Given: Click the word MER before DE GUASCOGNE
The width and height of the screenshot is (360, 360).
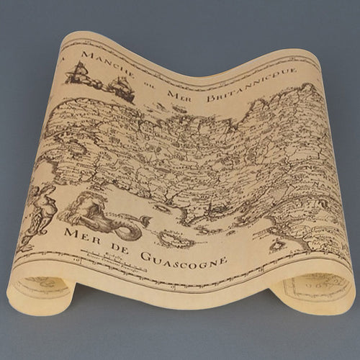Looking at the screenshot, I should pos(81,235).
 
